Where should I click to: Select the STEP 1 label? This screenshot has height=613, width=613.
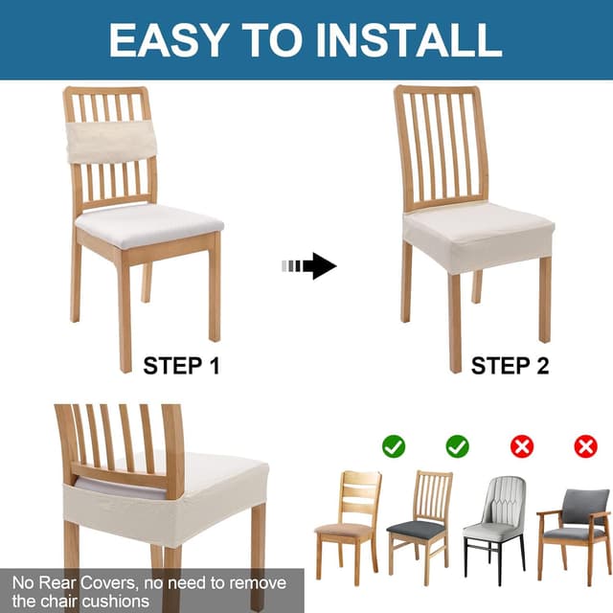(181, 365)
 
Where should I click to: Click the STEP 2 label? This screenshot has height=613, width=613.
(509, 365)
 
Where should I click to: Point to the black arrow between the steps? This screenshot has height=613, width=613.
(317, 265)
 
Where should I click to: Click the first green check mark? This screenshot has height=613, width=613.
(394, 445)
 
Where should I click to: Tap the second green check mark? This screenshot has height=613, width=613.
(458, 445)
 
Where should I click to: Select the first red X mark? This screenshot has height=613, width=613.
(522, 445)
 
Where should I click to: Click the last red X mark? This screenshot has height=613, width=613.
(585, 445)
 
